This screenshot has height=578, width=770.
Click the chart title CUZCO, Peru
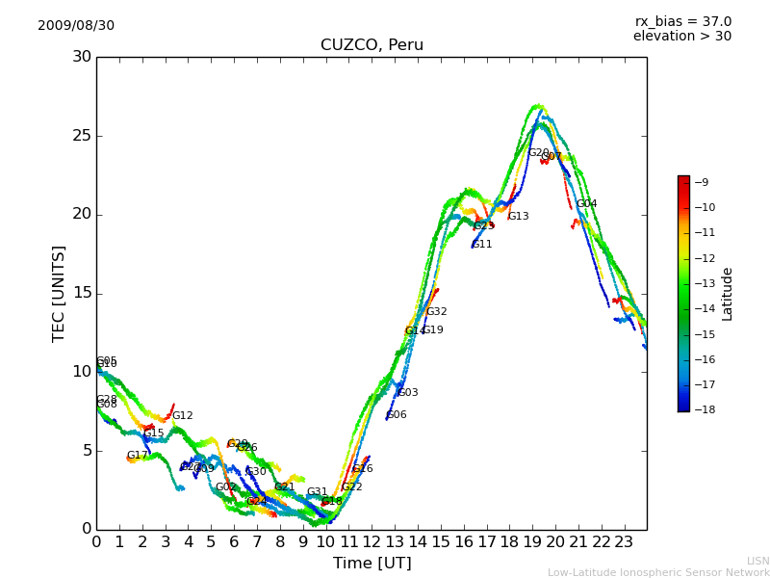click(x=372, y=45)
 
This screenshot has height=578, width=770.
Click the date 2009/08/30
click(x=76, y=25)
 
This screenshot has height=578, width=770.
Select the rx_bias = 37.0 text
click(x=682, y=21)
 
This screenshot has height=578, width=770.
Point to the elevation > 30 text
click(x=681, y=37)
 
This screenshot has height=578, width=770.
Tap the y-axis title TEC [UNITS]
click(x=59, y=293)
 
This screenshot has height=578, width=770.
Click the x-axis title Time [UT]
click(x=372, y=564)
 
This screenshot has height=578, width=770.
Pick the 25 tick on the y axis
click(x=82, y=136)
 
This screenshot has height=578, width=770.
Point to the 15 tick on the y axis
click(x=82, y=293)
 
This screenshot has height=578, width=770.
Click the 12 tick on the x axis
click(x=372, y=542)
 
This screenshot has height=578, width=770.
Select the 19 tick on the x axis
click(x=532, y=542)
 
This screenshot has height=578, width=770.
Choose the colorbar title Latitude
click(x=728, y=294)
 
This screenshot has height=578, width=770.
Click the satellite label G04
click(x=587, y=204)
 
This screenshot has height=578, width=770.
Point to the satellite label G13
click(x=518, y=217)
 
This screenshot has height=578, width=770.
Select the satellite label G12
click(x=183, y=416)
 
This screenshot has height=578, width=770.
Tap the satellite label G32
click(x=436, y=312)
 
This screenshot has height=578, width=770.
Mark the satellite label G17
click(x=138, y=456)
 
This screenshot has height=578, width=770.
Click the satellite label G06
click(x=397, y=415)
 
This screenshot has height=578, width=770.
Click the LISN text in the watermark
click(x=757, y=561)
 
